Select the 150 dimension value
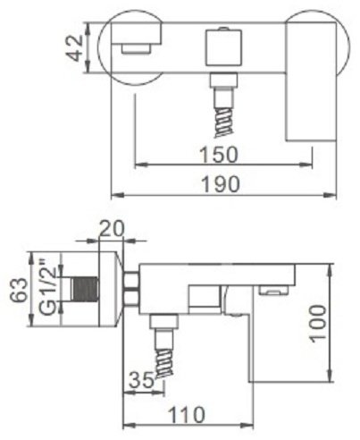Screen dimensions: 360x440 click(x=220, y=155)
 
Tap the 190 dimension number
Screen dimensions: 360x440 click(x=221, y=184)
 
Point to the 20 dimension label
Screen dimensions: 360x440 click(x=112, y=229)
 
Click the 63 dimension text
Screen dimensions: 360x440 click(x=20, y=289)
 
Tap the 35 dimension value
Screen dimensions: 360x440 click(x=141, y=380)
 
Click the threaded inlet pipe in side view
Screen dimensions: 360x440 click(x=85, y=289)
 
